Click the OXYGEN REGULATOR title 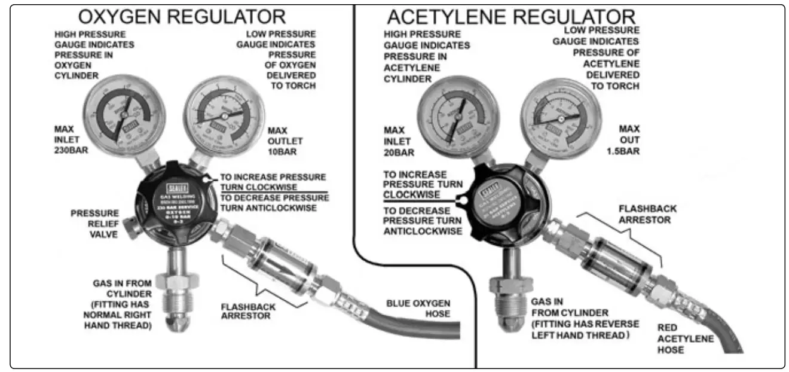pos(182,16)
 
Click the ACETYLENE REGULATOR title pos(510,17)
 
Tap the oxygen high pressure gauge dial pos(124,115)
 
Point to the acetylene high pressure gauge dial pos(458,114)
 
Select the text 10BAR pos(285,151)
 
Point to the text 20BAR pos(398,153)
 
